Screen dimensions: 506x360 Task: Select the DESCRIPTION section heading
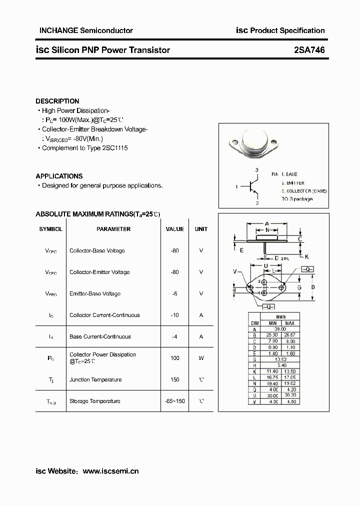click(x=57, y=101)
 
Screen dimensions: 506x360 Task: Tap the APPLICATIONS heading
click(x=59, y=176)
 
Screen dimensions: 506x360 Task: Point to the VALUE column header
click(x=174, y=229)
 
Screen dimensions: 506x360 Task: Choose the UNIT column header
click(x=201, y=229)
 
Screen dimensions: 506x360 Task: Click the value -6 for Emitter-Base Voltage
click(x=174, y=293)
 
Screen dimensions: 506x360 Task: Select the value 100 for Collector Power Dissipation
click(x=174, y=358)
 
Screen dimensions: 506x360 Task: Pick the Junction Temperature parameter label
click(x=94, y=379)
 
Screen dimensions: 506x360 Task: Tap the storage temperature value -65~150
click(x=174, y=401)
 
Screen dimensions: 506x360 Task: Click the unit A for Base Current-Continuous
click(x=201, y=336)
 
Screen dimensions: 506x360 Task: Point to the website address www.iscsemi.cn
click(x=110, y=471)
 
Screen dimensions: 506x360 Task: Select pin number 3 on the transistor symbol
click(x=257, y=170)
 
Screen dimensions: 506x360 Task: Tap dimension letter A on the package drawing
click(x=267, y=223)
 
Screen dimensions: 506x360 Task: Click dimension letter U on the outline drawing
click(x=266, y=265)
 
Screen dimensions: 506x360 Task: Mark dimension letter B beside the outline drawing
click(x=313, y=287)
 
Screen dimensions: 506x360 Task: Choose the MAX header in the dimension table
click(x=289, y=323)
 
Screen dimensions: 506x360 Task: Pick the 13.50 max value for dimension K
click(x=289, y=371)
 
